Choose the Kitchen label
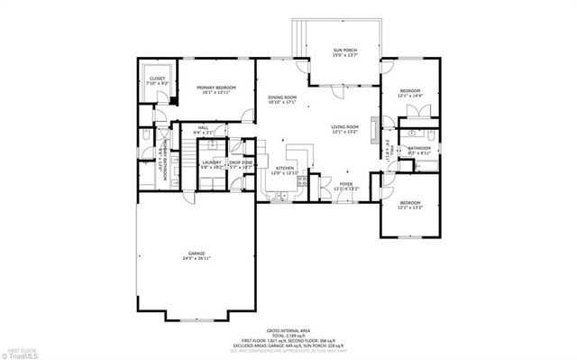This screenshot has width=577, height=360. click(x=284, y=169)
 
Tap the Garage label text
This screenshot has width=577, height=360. click(x=196, y=254)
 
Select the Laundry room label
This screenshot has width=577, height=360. click(x=212, y=164)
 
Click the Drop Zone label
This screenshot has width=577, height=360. click(x=241, y=164)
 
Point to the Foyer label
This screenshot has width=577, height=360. click(x=346, y=186)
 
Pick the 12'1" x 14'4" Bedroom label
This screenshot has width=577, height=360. click(x=410, y=93)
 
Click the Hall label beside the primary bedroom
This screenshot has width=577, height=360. click(x=204, y=131)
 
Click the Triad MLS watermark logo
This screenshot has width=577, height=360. click(x=20, y=353)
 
